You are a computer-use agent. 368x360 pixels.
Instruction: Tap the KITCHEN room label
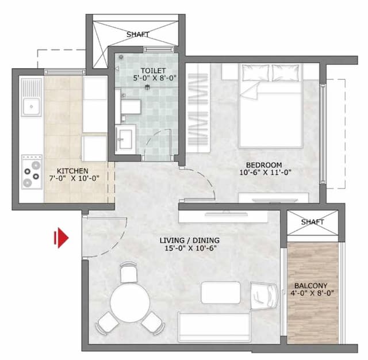(72, 171)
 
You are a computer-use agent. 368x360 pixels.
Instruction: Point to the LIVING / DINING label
(190, 240)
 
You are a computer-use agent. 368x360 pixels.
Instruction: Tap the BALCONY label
(311, 285)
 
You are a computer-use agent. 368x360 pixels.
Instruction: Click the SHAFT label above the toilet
(137, 35)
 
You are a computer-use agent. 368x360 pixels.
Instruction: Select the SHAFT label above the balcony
(312, 221)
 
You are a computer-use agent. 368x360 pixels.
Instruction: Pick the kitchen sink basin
(30, 105)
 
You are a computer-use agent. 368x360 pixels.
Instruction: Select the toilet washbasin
(125, 138)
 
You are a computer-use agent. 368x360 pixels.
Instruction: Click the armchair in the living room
(265, 296)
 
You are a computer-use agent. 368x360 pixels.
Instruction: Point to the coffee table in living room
(220, 293)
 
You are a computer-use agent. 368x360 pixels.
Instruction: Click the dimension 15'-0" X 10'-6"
(190, 248)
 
